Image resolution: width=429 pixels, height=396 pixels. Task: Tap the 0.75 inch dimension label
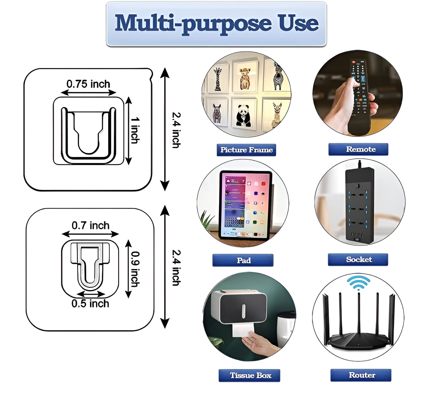(x=88, y=84)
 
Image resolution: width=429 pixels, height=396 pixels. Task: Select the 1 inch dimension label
(x=135, y=130)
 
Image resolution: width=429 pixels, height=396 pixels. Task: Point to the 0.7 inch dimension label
(x=90, y=225)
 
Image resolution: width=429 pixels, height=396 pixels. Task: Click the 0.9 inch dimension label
(x=135, y=269)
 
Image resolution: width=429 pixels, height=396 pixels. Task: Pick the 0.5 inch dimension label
(x=90, y=304)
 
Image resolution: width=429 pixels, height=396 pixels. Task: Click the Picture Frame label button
(x=246, y=150)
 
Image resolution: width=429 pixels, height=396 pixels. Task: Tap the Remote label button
(x=358, y=149)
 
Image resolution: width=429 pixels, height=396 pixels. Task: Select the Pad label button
(x=243, y=260)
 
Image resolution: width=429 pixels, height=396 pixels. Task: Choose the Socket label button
(x=358, y=260)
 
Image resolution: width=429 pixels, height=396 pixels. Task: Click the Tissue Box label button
(x=249, y=375)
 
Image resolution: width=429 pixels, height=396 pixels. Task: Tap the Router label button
(x=361, y=375)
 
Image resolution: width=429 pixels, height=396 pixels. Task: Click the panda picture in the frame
(x=244, y=115)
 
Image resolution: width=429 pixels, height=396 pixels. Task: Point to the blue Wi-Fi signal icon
(x=358, y=283)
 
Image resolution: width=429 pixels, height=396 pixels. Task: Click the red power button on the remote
(x=353, y=62)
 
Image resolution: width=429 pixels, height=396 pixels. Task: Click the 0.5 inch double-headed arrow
(x=91, y=294)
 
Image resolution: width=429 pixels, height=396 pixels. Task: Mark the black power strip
(x=360, y=205)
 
